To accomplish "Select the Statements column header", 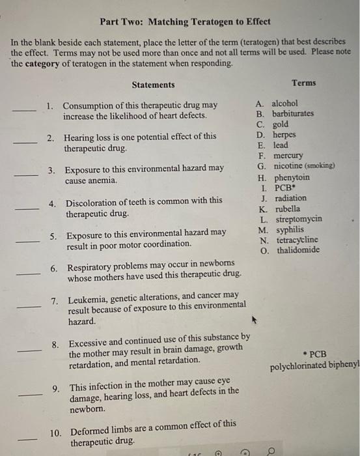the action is [153, 85].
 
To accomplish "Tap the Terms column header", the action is [304, 83].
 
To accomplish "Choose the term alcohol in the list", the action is [284, 103].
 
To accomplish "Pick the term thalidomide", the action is [298, 250].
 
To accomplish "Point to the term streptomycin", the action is [299, 219].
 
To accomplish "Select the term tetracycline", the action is [299, 240].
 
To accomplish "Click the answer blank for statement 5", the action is [28, 241].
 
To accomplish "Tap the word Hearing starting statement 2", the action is [79, 137].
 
